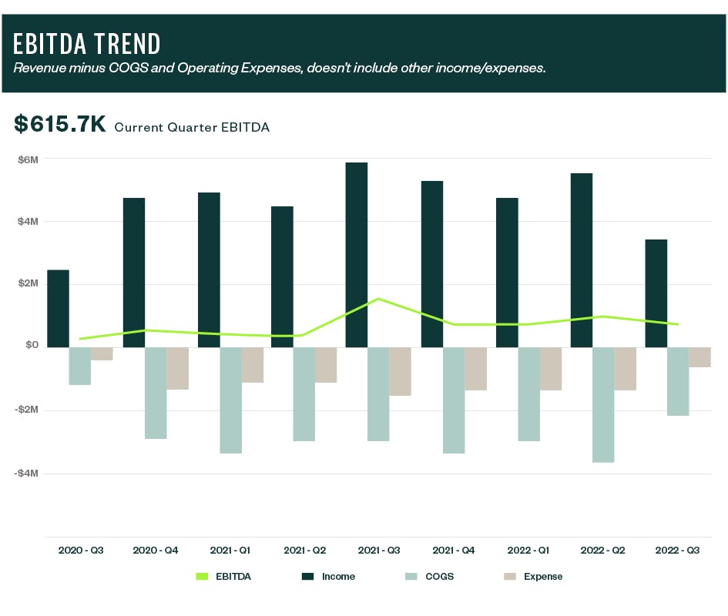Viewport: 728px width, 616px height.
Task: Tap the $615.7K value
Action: pos(59,125)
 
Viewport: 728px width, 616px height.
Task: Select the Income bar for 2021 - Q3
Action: pos(357,254)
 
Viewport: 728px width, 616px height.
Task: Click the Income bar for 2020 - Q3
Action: pos(58,308)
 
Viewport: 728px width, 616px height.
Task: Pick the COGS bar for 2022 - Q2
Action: pos(603,404)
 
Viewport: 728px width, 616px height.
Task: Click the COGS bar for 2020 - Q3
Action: pos(79,366)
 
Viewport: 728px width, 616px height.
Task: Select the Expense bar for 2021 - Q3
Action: pos(400,371)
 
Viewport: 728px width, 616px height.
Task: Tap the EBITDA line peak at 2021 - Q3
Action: pos(378,299)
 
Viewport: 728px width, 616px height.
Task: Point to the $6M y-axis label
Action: pos(28,159)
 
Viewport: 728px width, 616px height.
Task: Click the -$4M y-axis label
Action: pos(26,473)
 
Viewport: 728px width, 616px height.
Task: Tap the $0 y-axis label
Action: pos(31,346)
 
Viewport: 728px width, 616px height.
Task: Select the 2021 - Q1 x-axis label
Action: pos(230,551)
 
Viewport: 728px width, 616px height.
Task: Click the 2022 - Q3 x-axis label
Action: pos(677,551)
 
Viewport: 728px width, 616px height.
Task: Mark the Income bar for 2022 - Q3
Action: pos(656,293)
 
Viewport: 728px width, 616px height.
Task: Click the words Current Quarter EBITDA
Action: pos(192,127)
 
